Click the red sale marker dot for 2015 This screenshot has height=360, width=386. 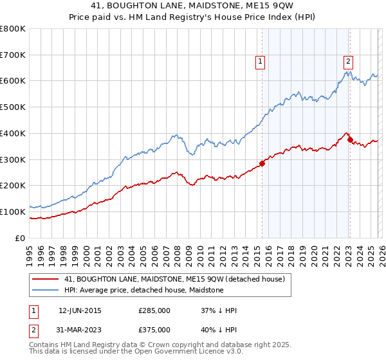(262, 163)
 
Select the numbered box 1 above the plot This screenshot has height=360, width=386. (261, 62)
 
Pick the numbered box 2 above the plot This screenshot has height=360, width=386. (348, 62)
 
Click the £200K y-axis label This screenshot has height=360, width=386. (13, 185)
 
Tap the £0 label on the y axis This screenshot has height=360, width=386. (21, 238)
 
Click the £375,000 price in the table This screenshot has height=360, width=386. (154, 329)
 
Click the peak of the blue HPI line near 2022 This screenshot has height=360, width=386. (346, 71)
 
